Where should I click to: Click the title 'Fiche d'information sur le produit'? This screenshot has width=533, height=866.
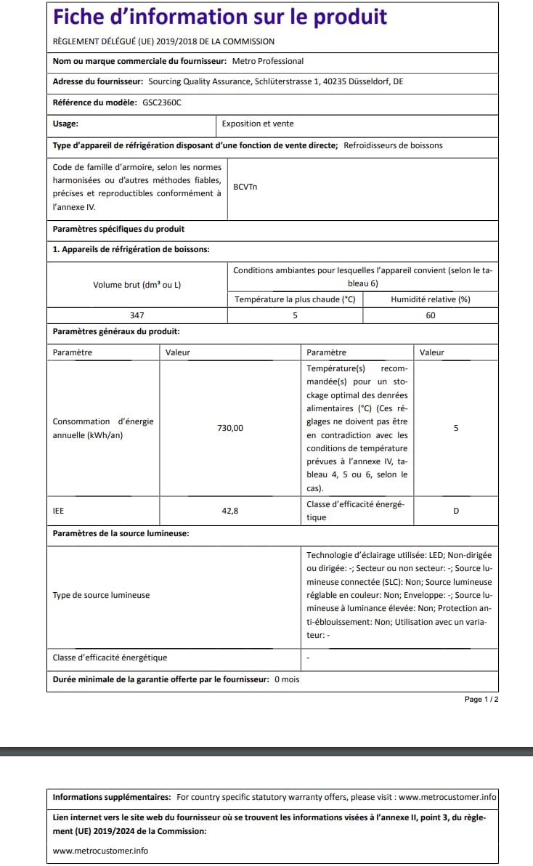pyautogui.click(x=220, y=17)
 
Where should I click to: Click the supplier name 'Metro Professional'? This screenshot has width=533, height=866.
pyautogui.click(x=267, y=61)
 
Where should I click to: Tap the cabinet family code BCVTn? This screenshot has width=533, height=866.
pyautogui.click(x=245, y=187)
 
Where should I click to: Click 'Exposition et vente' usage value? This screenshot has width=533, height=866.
pyautogui.click(x=258, y=124)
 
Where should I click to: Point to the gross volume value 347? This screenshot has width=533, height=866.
pyautogui.click(x=137, y=315)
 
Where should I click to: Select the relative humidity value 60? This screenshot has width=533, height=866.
pyautogui.click(x=431, y=315)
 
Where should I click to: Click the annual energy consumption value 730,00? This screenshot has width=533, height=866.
pyautogui.click(x=230, y=428)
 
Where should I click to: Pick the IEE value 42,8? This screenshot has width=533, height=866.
pyautogui.click(x=230, y=511)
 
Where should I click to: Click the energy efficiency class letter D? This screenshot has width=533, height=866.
pyautogui.click(x=456, y=511)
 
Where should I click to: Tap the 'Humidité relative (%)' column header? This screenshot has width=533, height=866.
pyautogui.click(x=431, y=299)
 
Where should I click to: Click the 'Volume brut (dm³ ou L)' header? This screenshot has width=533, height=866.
pyautogui.click(x=137, y=285)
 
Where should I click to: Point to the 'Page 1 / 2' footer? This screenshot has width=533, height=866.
pyautogui.click(x=481, y=699)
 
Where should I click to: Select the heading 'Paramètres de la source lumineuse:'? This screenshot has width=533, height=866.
pyautogui.click(x=121, y=533)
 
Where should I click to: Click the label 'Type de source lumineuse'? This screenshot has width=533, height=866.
pyautogui.click(x=101, y=595)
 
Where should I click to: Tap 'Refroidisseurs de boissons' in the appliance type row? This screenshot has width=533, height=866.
pyautogui.click(x=393, y=145)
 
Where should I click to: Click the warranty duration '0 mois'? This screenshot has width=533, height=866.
pyautogui.click(x=287, y=679)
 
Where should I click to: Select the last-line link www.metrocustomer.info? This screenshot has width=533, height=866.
pyautogui.click(x=100, y=850)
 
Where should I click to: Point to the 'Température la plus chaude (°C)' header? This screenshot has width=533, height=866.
pyautogui.click(x=295, y=299)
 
